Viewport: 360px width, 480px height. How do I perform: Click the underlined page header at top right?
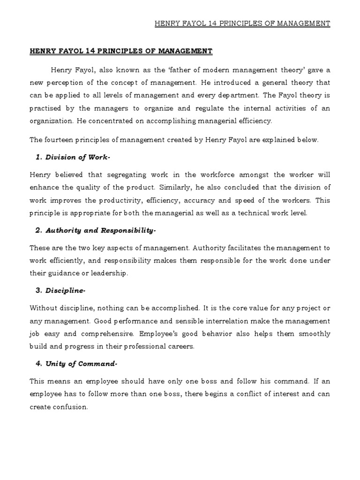[242, 23]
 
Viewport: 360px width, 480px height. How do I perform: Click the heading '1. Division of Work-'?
[73, 157]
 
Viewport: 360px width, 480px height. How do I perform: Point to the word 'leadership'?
[109, 273]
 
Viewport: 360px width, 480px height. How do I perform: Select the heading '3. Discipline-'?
[60, 291]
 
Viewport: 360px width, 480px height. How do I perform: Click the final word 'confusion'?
[72, 407]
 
